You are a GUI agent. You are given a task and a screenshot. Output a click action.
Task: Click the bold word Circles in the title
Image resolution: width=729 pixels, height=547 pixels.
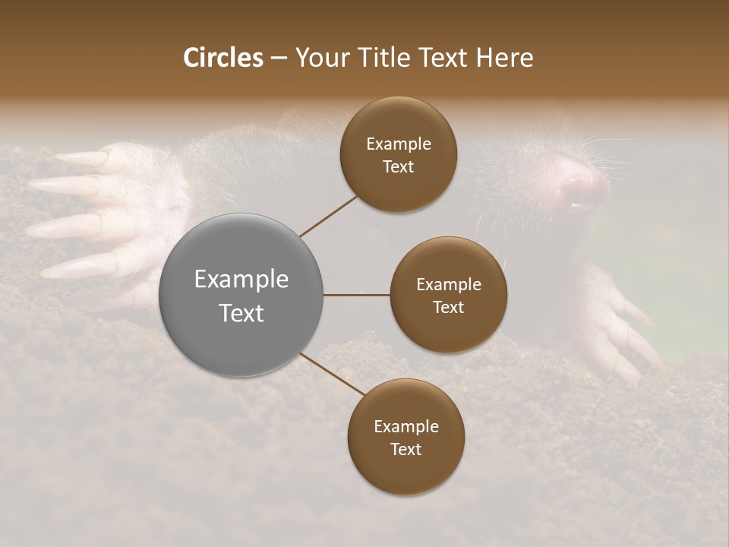222,58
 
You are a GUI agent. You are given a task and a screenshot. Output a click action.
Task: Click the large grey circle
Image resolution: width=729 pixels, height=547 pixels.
241,295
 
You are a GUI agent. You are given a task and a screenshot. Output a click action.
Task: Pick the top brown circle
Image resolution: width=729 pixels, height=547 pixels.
399,155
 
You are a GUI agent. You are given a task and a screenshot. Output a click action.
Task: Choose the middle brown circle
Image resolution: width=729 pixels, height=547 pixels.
449,295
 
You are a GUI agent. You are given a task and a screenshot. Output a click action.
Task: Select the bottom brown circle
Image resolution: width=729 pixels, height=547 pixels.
406,438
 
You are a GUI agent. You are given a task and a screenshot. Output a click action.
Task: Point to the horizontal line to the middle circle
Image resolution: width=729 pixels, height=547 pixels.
357,295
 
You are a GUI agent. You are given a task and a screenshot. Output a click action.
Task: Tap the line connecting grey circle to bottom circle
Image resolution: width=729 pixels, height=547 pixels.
332,374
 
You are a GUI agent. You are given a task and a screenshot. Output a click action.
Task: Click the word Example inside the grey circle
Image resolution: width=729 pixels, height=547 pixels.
241,280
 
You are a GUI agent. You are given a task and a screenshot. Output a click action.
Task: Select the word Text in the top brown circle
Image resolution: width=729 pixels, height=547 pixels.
399,167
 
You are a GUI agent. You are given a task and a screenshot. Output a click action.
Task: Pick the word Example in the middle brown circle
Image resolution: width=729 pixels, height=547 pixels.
449,285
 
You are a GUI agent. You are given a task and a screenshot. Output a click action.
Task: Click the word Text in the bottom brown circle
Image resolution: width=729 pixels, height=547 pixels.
406,450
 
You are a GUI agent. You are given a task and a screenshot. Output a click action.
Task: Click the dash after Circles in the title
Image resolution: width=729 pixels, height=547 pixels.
278,58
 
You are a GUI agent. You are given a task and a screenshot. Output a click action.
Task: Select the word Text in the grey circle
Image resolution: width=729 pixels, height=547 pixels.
241,313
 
